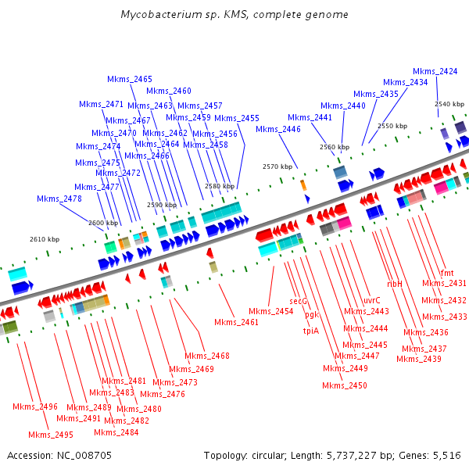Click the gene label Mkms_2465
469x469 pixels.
[x=130, y=79]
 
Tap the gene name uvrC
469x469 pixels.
[x=372, y=300]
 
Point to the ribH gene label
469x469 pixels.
[x=395, y=284]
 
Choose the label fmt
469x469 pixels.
[x=447, y=273]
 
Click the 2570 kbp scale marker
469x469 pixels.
[x=277, y=166]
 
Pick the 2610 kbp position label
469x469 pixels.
[x=45, y=239]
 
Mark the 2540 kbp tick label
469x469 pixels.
[x=449, y=104]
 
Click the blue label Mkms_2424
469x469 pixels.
[x=435, y=71]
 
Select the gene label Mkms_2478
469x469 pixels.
[x=59, y=199]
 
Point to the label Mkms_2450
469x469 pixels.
[x=345, y=385]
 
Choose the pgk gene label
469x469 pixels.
[x=312, y=315]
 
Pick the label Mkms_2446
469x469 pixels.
[x=278, y=129]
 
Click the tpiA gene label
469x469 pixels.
[x=310, y=331]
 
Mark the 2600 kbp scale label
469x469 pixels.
[x=102, y=223]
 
